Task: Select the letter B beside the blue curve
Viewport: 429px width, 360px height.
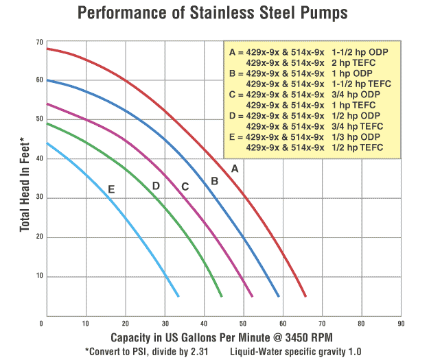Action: [x=214, y=181]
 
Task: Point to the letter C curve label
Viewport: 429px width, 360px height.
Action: [x=185, y=186]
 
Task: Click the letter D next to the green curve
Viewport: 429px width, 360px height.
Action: [x=156, y=186]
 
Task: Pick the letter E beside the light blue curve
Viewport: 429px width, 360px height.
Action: [x=111, y=189]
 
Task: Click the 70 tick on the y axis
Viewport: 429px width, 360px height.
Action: [x=39, y=43]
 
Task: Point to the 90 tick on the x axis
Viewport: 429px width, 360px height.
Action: [x=401, y=323]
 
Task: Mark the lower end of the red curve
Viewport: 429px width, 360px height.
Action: [x=305, y=296]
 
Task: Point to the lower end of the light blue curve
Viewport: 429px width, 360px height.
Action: [x=178, y=296]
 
